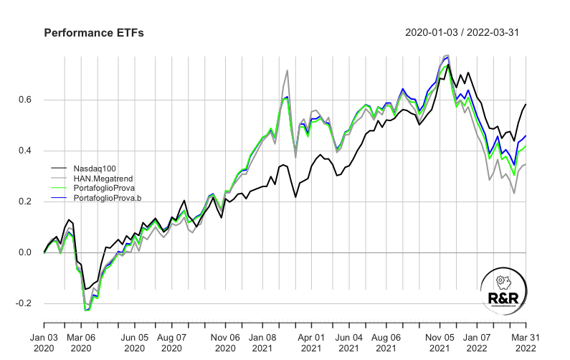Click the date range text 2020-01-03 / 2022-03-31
point(466,33)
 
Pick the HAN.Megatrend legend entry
point(100,177)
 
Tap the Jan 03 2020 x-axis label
point(44,341)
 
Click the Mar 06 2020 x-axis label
point(80,341)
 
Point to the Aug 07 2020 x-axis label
point(171,341)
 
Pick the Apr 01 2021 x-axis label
point(311,341)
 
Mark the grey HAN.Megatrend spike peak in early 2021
point(287,70)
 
